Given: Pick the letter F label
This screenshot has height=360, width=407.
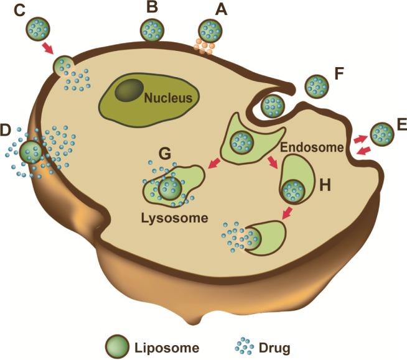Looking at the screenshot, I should coord(339,74).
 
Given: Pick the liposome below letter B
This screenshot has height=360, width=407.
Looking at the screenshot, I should coord(151,29).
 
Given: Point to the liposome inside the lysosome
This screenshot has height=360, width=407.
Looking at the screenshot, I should coord(169,187).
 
